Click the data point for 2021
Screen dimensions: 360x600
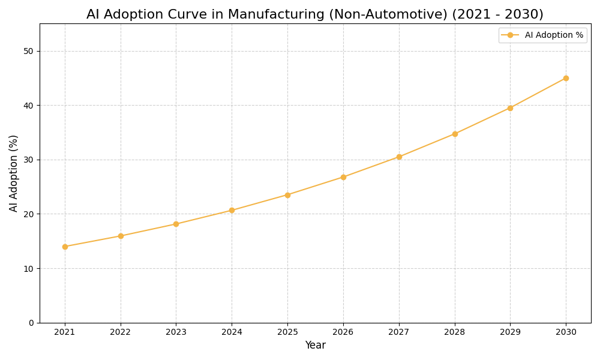65,247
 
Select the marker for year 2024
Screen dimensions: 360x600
232,211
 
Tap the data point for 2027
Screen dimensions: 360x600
399,157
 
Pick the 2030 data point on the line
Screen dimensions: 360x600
566,78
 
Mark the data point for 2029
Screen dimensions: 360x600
510,108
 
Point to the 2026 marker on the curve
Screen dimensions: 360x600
343,177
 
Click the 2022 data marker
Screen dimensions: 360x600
121,236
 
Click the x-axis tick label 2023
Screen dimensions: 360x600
176,332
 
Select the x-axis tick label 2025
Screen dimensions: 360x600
287,332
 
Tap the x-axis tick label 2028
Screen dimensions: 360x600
455,332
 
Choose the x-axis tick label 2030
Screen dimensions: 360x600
566,332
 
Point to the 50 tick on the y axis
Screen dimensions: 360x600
28,51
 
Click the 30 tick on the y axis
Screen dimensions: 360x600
28,160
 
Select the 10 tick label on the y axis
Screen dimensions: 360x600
28,268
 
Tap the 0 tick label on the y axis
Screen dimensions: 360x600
31,323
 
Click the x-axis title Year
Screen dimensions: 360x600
315,346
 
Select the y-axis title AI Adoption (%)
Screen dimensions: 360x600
14,173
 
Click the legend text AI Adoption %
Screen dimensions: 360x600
554,35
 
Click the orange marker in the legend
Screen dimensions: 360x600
510,35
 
